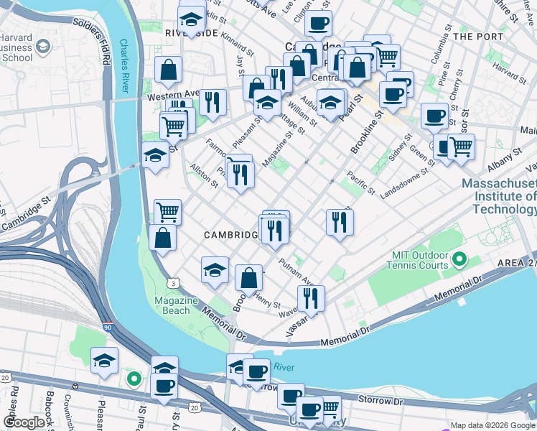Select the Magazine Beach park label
172,305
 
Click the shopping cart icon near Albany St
460,146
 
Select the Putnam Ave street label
296,272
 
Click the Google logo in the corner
24,422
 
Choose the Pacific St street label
360,182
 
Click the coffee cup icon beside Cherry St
434,115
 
